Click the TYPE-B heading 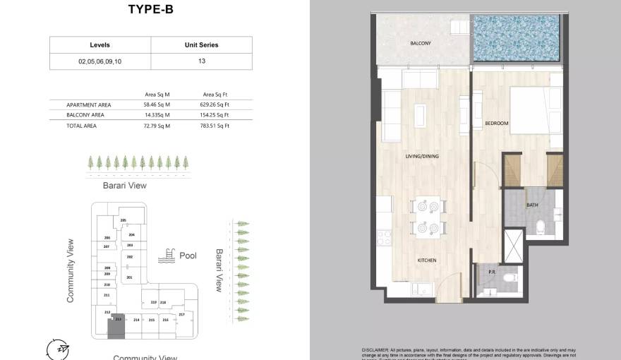coord(150,9)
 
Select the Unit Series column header coord(201,45)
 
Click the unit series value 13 coord(201,61)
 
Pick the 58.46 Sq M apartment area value coord(157,104)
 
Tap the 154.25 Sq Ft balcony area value coord(216,115)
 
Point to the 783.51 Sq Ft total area coord(216,126)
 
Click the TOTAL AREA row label coord(81,126)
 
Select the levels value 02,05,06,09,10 coord(100,61)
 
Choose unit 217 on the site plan coord(181,314)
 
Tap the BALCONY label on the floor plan coord(421,44)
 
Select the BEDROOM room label coord(497,124)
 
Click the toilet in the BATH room coord(540,226)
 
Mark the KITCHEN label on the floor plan coord(427,260)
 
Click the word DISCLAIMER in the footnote coord(375,349)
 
